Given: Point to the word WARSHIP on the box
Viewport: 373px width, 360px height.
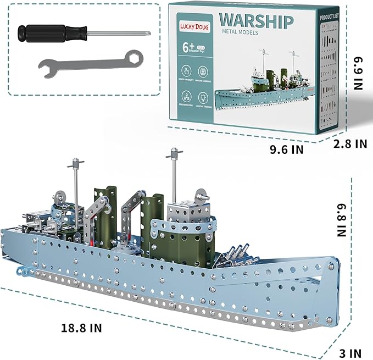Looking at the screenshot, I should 256,19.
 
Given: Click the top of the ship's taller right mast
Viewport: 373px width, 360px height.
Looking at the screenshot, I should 174,151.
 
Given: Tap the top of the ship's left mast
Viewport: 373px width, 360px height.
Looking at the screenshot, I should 75,163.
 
